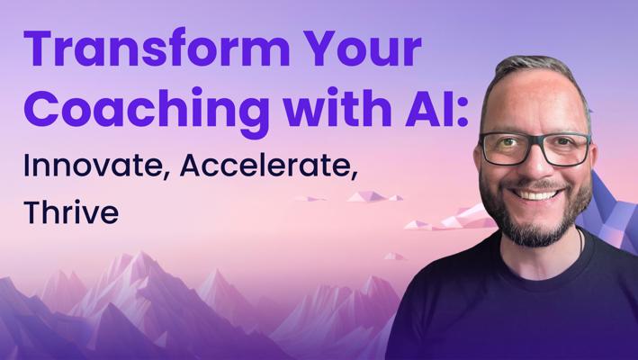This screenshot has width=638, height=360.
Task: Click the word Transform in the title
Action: (157, 48)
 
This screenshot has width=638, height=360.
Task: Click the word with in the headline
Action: (337, 106)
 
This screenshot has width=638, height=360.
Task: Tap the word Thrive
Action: (71, 211)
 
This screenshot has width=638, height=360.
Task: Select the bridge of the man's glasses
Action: (536, 139)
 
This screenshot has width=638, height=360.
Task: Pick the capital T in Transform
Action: (40, 49)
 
